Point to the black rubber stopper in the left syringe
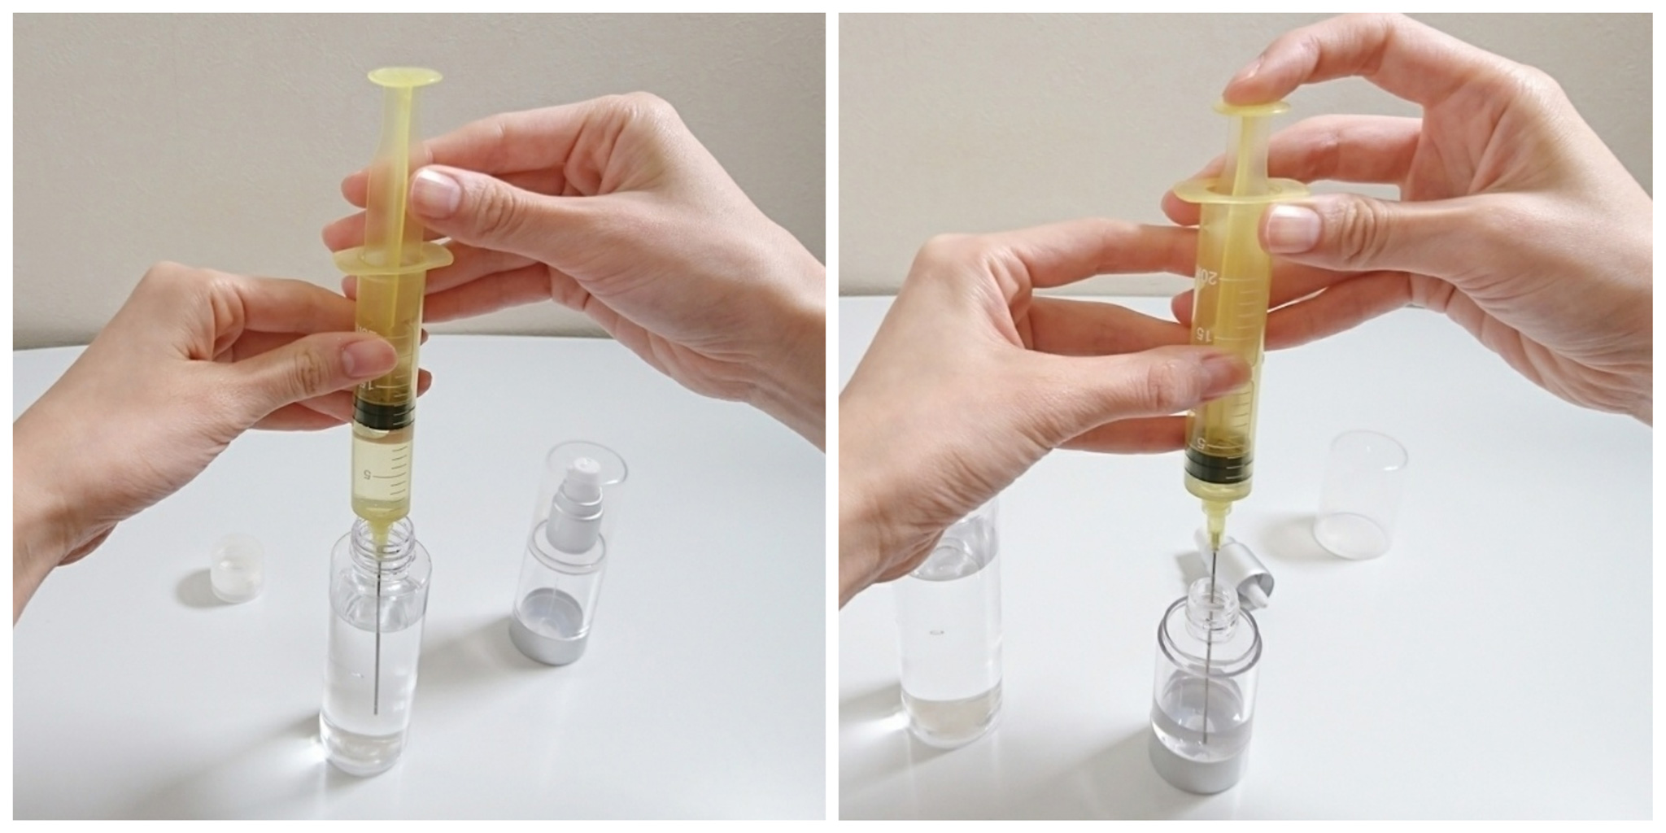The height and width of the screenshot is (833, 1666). pos(385,414)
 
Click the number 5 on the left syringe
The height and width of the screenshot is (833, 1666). pos(368,472)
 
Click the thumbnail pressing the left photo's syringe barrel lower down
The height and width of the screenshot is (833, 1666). pos(369,358)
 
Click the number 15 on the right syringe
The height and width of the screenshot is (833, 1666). pos(1200,334)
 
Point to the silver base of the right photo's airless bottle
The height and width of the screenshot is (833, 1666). pos(1208,769)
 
